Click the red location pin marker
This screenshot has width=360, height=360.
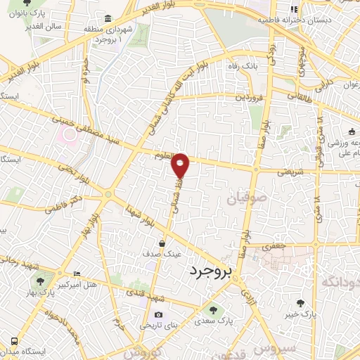(181, 165)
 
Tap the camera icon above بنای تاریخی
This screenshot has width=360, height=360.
(158, 314)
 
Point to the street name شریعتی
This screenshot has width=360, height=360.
(290, 171)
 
